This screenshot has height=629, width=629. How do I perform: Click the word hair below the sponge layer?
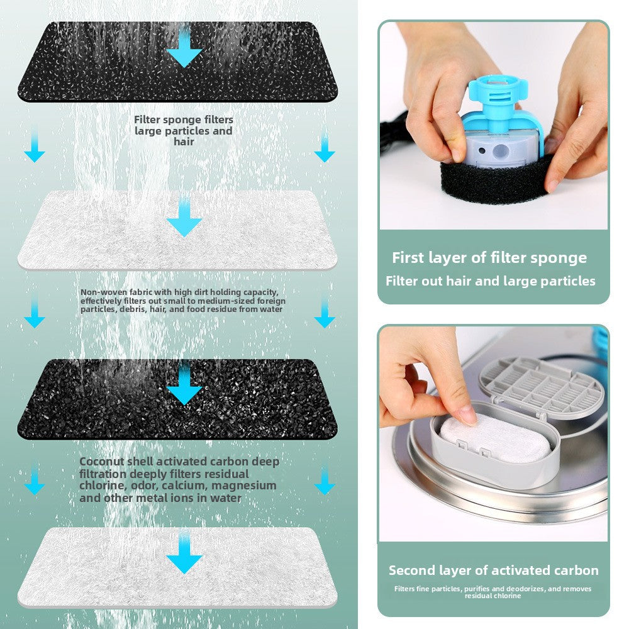click(x=184, y=142)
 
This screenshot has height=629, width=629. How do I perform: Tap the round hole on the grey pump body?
click(x=501, y=151)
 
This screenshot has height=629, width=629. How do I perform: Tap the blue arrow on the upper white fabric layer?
click(x=184, y=216)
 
